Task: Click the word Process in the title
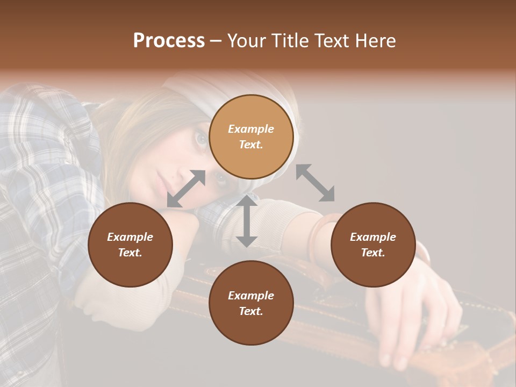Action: pos(169,41)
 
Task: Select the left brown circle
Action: pos(130,245)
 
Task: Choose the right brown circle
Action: pos(373,245)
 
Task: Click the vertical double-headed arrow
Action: pos(247,221)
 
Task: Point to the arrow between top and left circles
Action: pos(187,188)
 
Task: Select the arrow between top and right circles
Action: pos(315,183)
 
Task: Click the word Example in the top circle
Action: pos(251,129)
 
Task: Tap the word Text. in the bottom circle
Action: pos(251,311)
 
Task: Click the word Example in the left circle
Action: pos(130,237)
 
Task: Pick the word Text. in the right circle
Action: pos(373,253)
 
